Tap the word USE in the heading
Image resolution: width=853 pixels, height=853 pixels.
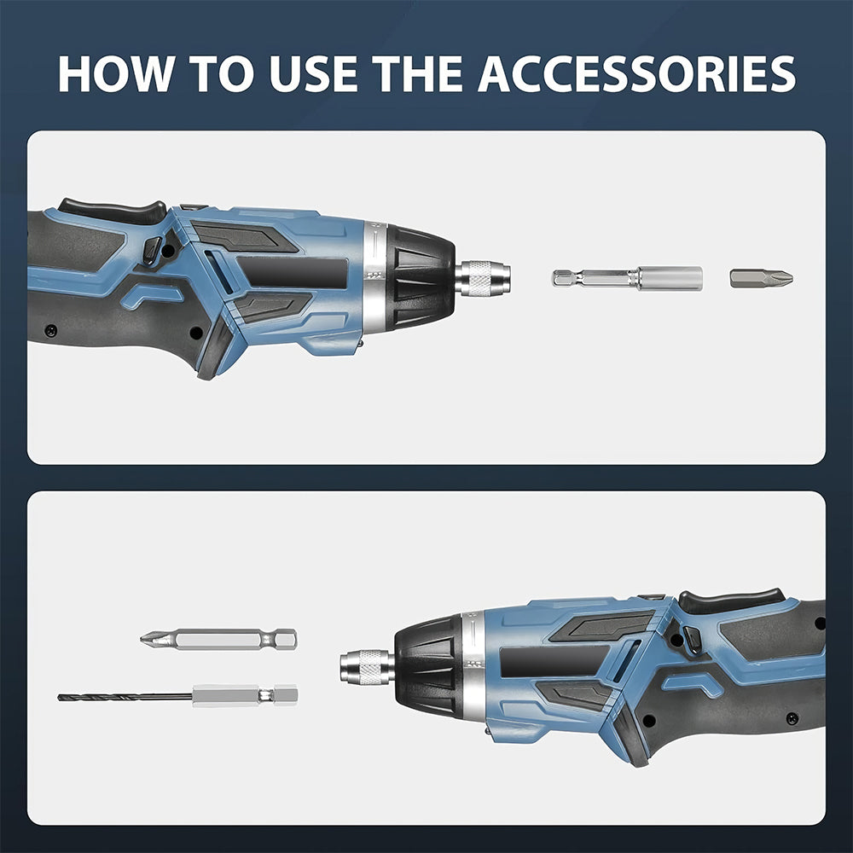(x=310, y=74)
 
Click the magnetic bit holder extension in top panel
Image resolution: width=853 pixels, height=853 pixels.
(x=628, y=278)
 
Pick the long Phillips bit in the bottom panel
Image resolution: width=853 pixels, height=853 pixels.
(x=219, y=639)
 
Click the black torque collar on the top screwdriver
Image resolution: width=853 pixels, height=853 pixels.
(x=420, y=276)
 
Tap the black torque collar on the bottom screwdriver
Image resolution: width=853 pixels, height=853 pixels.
(x=429, y=666)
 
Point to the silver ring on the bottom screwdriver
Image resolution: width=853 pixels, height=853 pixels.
(x=473, y=665)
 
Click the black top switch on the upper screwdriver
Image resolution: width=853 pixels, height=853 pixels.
(x=111, y=208)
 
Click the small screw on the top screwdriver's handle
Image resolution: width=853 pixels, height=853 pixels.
(x=51, y=330)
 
